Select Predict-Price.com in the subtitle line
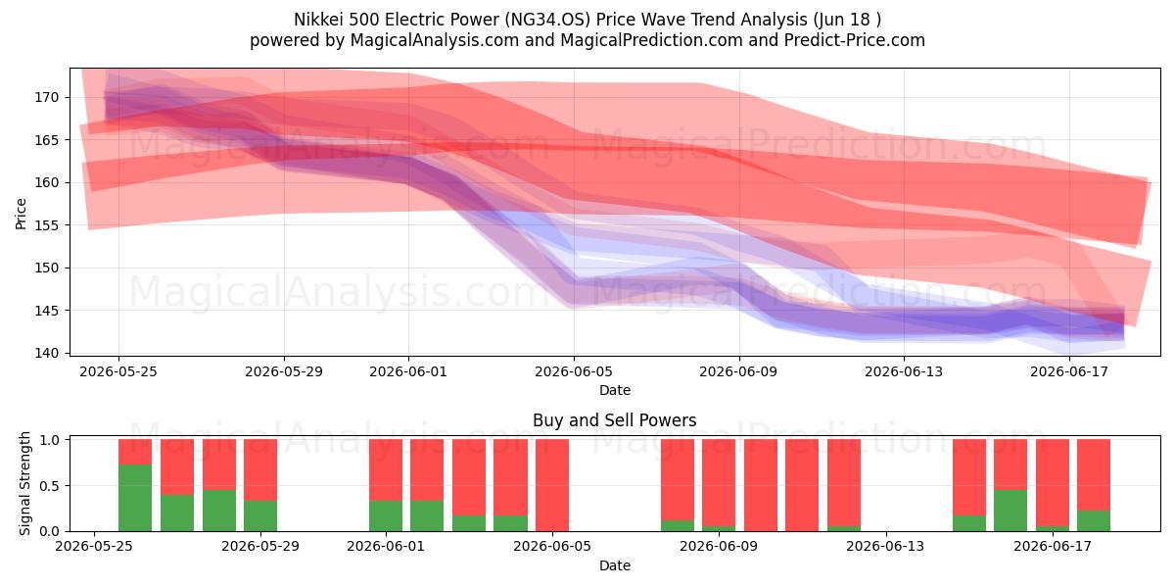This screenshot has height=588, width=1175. (855, 40)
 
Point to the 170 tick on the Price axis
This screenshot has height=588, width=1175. (47, 98)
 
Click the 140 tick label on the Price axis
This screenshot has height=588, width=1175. (47, 354)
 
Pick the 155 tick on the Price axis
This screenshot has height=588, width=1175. (47, 225)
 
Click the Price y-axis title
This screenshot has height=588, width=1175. (21, 214)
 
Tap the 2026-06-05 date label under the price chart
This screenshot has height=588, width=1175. (574, 372)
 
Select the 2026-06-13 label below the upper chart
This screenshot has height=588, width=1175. (903, 372)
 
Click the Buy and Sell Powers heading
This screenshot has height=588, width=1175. (614, 420)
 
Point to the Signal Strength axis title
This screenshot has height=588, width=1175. (24, 483)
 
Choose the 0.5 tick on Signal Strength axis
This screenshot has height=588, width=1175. (50, 486)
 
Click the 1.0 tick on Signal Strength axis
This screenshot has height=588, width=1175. (50, 439)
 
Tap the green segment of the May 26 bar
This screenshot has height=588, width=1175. (135, 498)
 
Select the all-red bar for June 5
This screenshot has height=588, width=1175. (552, 485)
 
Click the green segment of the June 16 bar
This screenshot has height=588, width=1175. (1010, 511)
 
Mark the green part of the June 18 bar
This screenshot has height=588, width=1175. (1094, 520)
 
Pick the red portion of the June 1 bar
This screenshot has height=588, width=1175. (386, 469)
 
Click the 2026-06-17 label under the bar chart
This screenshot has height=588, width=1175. (1053, 547)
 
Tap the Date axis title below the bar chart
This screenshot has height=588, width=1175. (615, 566)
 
